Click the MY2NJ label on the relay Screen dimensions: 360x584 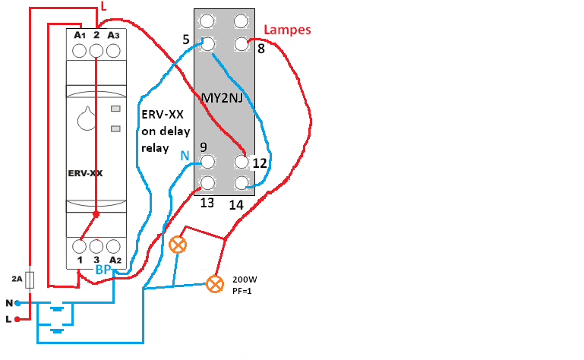[x=222, y=97]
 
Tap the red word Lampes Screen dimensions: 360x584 [x=288, y=30]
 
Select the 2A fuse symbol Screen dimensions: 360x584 [x=30, y=279]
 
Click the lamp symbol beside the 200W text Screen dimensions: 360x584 [x=216, y=284]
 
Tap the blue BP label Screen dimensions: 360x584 [x=103, y=270]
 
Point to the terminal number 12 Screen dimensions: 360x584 [x=260, y=163]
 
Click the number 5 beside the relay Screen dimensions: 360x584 [x=186, y=39]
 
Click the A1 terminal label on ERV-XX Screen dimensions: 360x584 [x=78, y=35]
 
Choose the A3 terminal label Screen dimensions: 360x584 [x=113, y=35]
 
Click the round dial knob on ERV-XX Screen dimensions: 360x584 [x=84, y=119]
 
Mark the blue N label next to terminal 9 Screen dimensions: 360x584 [x=185, y=156]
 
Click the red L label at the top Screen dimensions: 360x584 [x=104, y=8]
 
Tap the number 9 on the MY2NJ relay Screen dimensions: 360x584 [x=203, y=146]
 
